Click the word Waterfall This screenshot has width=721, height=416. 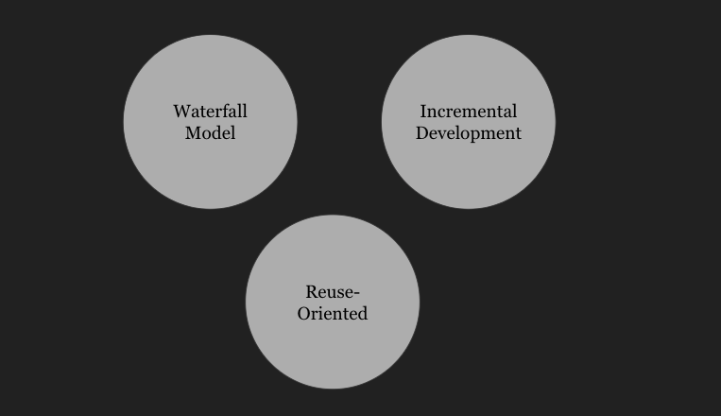tap(210, 112)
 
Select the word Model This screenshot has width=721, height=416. tap(210, 132)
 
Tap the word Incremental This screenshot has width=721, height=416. tap(469, 112)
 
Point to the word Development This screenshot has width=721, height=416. tap(469, 133)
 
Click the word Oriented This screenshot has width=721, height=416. tap(333, 313)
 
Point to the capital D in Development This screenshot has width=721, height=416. tap(422, 132)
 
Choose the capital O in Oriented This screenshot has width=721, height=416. tap(304, 313)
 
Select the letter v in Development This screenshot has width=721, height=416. tap(443, 133)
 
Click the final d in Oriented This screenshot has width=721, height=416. tap(362, 313)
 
